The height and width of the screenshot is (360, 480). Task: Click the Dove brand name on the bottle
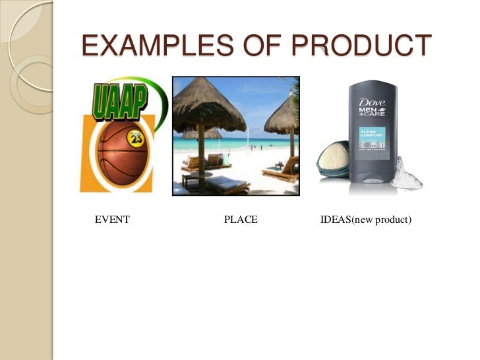[371, 104]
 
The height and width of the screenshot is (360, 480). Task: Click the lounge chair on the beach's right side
[280, 171]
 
